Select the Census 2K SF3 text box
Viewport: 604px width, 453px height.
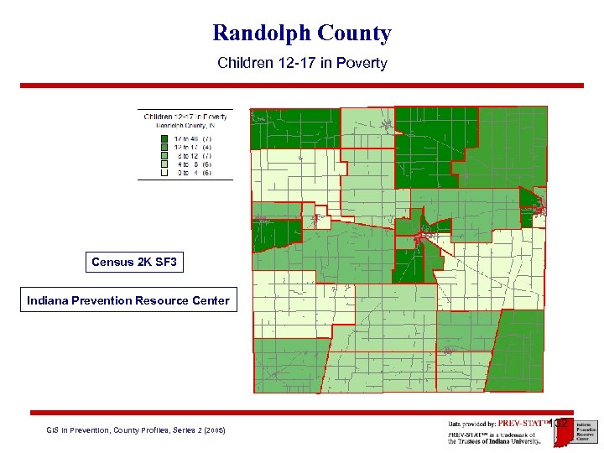[134, 263]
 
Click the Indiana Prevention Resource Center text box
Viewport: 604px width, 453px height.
[128, 300]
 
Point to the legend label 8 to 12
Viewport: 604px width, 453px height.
[184, 156]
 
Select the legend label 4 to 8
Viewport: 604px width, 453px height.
[184, 164]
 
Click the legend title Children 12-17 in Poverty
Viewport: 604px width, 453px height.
[185, 117]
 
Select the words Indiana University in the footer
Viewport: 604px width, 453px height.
[513, 442]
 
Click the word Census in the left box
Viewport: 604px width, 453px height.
[111, 263]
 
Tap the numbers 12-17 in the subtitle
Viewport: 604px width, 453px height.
[285, 63]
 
